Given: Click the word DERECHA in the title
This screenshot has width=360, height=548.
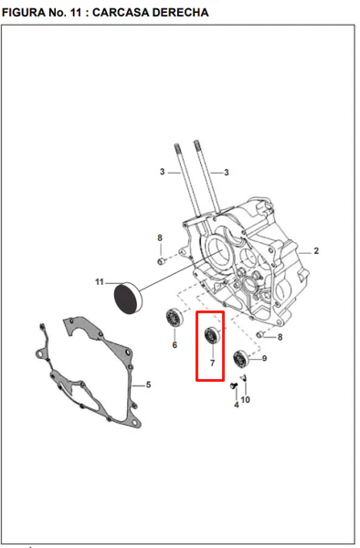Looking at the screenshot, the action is (181, 13).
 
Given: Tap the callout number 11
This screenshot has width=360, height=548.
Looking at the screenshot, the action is (100, 281).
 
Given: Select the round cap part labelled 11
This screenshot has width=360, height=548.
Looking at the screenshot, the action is (128, 298).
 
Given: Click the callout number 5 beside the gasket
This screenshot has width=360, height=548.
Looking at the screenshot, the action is (149, 385).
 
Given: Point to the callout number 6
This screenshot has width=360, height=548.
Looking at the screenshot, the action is (175, 345).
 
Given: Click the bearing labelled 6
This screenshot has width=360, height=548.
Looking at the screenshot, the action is (175, 318).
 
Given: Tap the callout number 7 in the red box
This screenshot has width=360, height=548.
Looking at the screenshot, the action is (212, 364).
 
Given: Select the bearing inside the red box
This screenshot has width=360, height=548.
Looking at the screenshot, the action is (212, 335).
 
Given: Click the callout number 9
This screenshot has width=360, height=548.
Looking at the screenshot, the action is (265, 358).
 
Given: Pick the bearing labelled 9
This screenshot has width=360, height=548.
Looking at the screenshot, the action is (241, 358).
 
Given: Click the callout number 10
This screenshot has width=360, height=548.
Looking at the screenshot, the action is (246, 399).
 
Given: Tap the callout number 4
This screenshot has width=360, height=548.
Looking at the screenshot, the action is (237, 405).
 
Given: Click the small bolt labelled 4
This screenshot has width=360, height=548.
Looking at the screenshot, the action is (234, 385).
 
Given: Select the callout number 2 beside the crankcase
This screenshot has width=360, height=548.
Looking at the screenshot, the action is (316, 251).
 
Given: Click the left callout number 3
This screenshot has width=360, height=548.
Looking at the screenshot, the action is (162, 172).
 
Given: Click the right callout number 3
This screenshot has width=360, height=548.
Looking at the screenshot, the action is (227, 173).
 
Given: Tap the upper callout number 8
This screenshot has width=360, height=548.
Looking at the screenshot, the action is (160, 238).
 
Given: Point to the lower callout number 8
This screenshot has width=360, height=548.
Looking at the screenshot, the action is (280, 337).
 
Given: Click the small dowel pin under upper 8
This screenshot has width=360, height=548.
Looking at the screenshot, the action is (161, 261).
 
